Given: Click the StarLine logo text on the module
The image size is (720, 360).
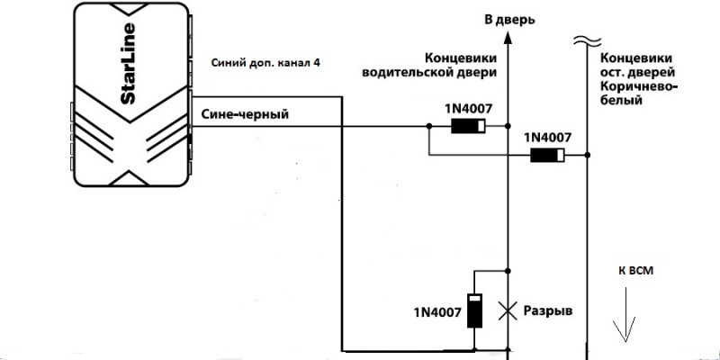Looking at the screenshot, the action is coord(128,63).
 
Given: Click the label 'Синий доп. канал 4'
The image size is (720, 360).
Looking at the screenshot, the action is coord(265,63).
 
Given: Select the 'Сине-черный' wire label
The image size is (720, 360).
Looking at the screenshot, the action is coord(245,114).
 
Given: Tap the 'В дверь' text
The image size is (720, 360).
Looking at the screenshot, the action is coord(509,20).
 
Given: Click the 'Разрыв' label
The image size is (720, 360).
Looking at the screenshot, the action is coord(548,310).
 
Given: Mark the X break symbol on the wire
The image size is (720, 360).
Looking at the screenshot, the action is coord(508,310).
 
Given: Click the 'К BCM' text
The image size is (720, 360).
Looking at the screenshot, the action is coord(635,271).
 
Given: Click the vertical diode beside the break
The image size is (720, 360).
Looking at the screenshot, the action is coord(474,310).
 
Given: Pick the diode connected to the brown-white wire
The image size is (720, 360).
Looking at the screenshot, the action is coord(547,155).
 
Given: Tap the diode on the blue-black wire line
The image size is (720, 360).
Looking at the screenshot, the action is coord(468,126).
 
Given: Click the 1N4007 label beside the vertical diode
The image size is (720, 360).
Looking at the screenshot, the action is coord(436,313).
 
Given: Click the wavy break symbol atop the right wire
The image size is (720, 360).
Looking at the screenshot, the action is coord(588,40).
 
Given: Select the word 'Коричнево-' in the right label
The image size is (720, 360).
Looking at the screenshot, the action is coord(639,86).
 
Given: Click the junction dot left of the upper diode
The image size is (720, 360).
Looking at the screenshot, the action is coord(428,126).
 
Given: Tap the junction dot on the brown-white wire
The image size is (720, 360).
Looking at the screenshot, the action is coord(588,155).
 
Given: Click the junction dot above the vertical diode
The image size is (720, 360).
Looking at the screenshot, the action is coord(508,271).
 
